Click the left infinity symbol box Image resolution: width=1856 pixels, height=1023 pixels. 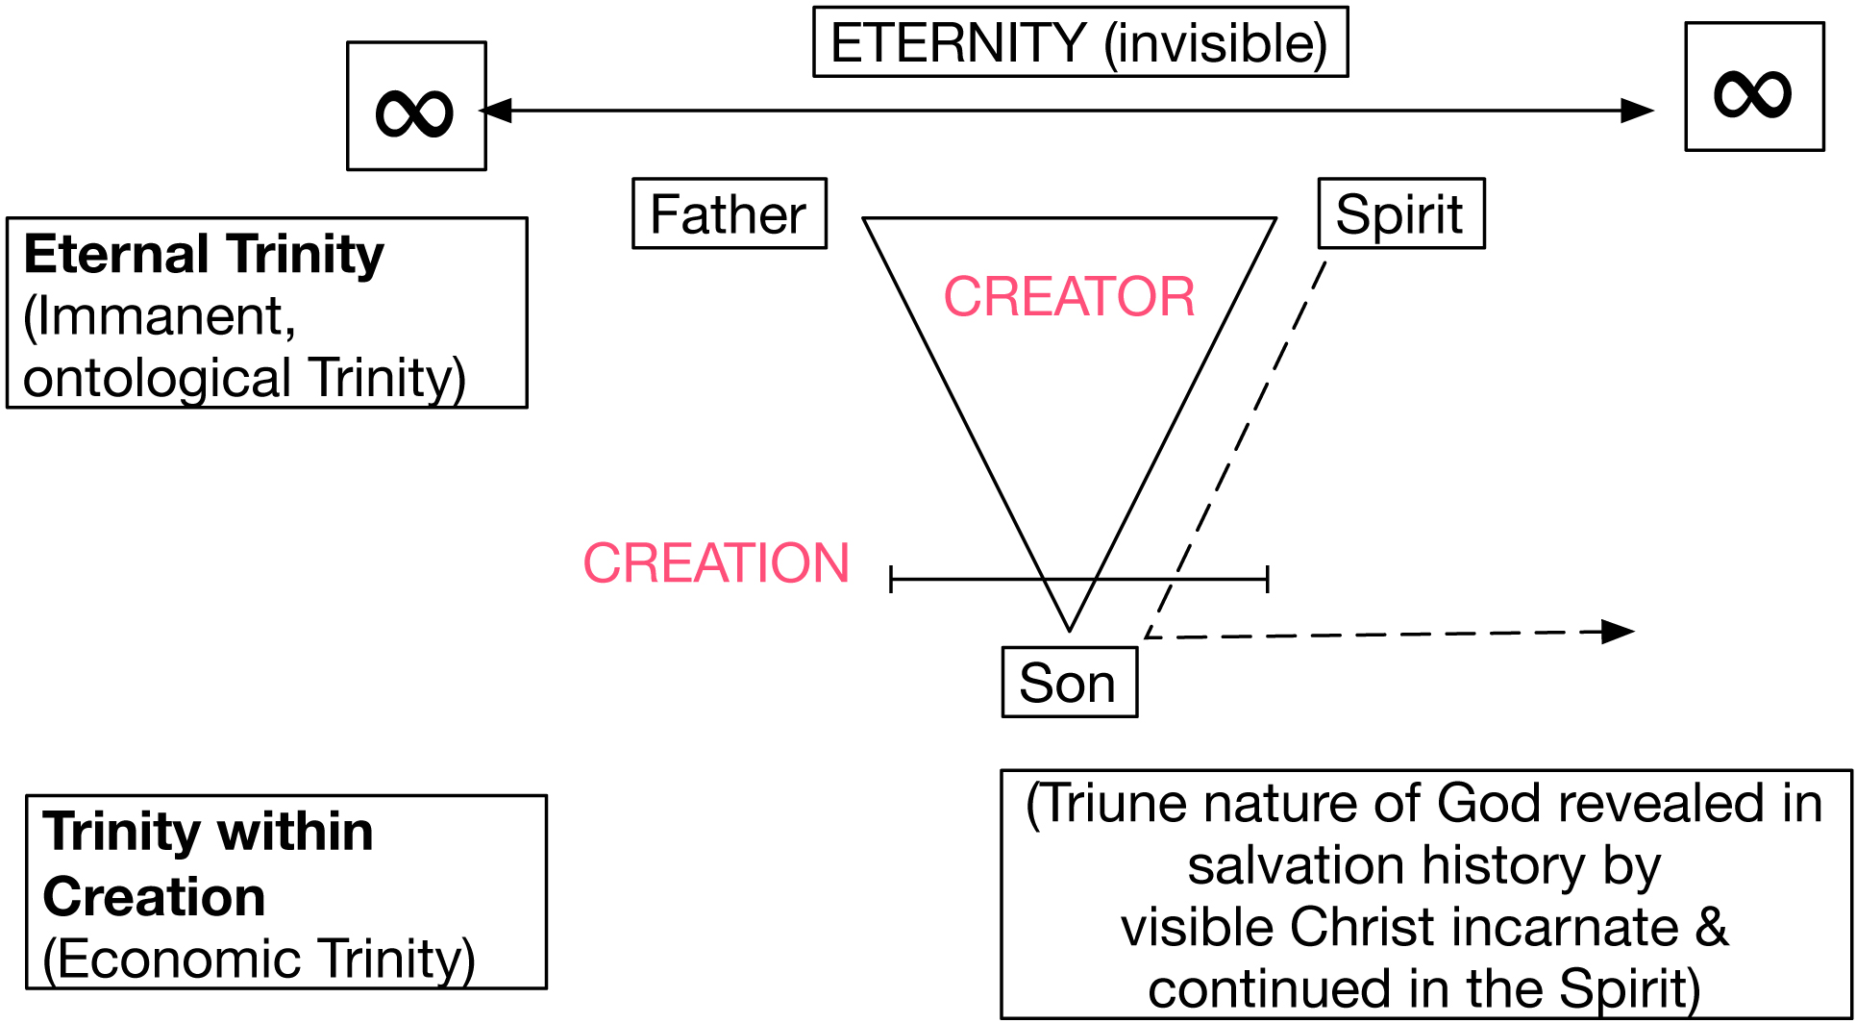[x=416, y=107]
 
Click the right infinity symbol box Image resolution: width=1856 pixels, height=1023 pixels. [x=1754, y=87]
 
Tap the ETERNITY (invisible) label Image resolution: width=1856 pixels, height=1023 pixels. [x=1079, y=43]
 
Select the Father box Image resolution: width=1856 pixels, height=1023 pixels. [x=729, y=213]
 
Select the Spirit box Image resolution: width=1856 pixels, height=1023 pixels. [x=1400, y=213]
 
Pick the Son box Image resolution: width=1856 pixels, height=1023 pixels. [x=1069, y=683]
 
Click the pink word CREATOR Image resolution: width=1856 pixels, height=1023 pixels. [x=1069, y=296]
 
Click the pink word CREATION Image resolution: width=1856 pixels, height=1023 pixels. [x=716, y=562]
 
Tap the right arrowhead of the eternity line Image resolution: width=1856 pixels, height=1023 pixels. [x=1638, y=111]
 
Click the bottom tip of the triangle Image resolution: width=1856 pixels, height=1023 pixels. [x=1070, y=627]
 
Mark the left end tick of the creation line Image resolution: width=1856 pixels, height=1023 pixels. [x=892, y=579]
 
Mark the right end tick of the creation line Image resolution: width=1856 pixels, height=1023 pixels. [x=1268, y=579]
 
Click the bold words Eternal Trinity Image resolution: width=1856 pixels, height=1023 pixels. [x=204, y=255]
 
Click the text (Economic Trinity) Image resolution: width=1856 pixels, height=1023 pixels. [x=260, y=959]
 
